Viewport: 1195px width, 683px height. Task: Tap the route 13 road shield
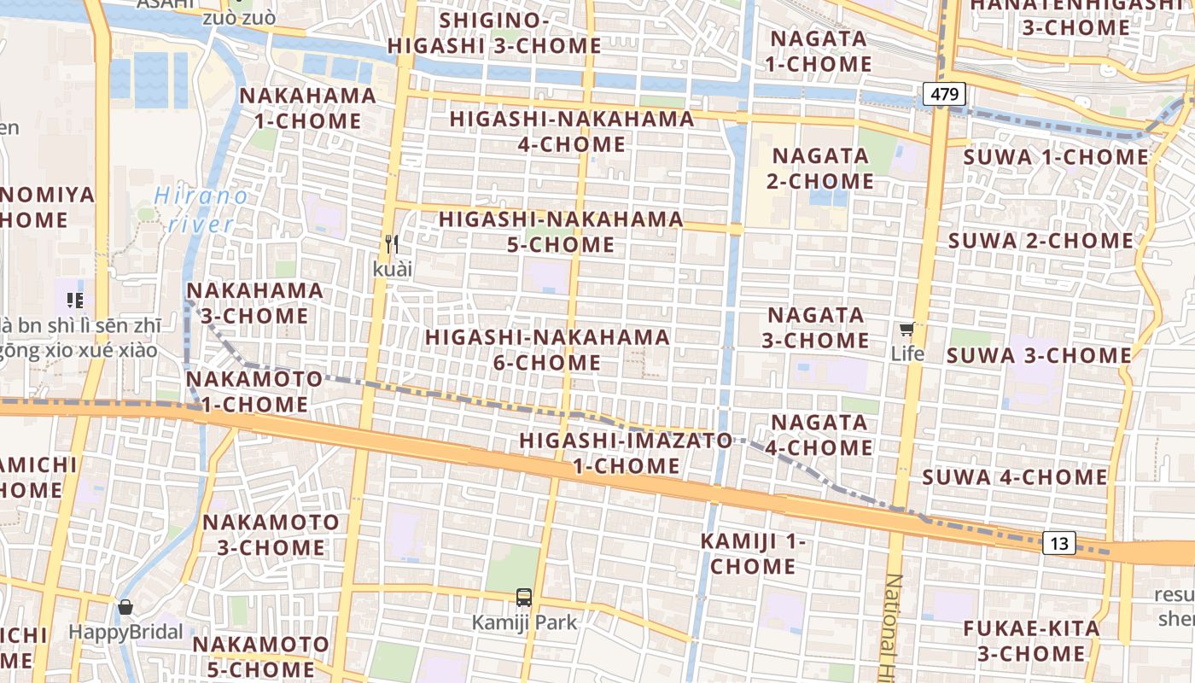pos(1059,543)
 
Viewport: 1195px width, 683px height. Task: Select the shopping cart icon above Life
pos(906,330)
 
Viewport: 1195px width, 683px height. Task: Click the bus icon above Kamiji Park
pos(524,598)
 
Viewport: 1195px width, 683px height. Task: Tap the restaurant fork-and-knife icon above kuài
pos(392,244)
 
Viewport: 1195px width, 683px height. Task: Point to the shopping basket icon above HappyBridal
pos(125,607)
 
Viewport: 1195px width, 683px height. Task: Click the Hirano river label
pos(201,210)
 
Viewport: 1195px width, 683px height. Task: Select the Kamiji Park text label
pos(524,622)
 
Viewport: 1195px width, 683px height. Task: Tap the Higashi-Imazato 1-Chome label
pos(627,453)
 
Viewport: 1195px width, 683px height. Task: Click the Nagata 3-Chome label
pos(815,328)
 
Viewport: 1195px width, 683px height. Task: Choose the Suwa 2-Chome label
pos(1041,241)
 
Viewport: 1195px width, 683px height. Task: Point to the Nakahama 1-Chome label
pos(307,108)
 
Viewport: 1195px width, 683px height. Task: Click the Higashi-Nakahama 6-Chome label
pos(547,350)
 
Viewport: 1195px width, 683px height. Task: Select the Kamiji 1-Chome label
pos(753,553)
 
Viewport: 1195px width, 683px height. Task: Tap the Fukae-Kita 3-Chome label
pos(1031,641)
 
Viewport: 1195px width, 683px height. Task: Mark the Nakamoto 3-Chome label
pos(271,534)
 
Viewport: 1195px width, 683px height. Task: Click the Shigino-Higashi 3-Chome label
pos(494,32)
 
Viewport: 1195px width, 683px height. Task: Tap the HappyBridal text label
pos(125,633)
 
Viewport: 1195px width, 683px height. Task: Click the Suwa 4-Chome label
pos(1014,477)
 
